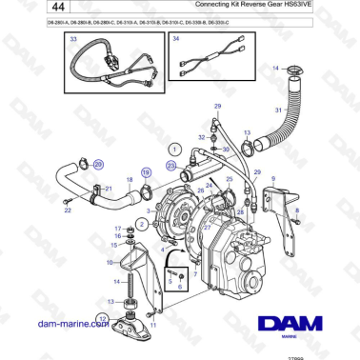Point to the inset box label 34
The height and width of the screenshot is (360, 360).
175,40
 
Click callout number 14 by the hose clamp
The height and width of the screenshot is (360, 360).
276,69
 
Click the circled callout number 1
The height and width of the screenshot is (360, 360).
174,150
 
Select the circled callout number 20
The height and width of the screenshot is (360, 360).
97,165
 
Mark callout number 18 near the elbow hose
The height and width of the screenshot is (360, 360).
130,179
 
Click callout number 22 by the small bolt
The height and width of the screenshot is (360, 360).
68,210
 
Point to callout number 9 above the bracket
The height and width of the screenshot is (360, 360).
272,179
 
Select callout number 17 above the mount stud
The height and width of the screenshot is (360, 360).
117,229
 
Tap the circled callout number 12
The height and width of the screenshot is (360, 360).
103,318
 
